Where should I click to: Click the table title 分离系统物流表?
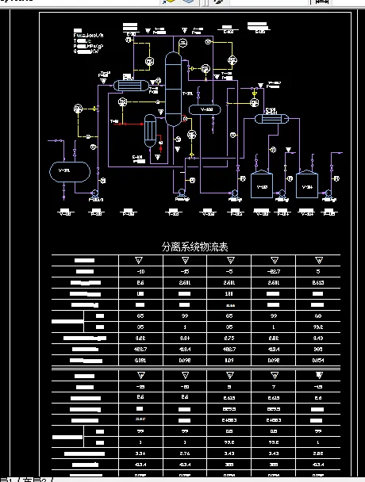[x=194, y=247]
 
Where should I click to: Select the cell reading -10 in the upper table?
[x=140, y=270]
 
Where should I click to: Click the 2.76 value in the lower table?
[x=185, y=452]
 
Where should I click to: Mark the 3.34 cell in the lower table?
[x=140, y=452]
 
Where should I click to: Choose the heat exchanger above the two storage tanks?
[x=271, y=118]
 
